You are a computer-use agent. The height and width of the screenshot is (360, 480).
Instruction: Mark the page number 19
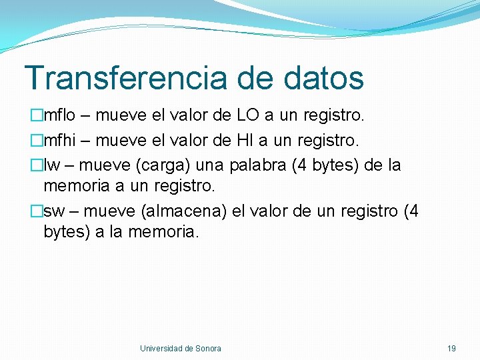(451, 348)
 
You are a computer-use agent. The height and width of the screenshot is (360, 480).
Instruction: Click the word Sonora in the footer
(209, 348)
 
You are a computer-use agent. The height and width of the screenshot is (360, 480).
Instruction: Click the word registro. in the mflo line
(334, 116)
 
